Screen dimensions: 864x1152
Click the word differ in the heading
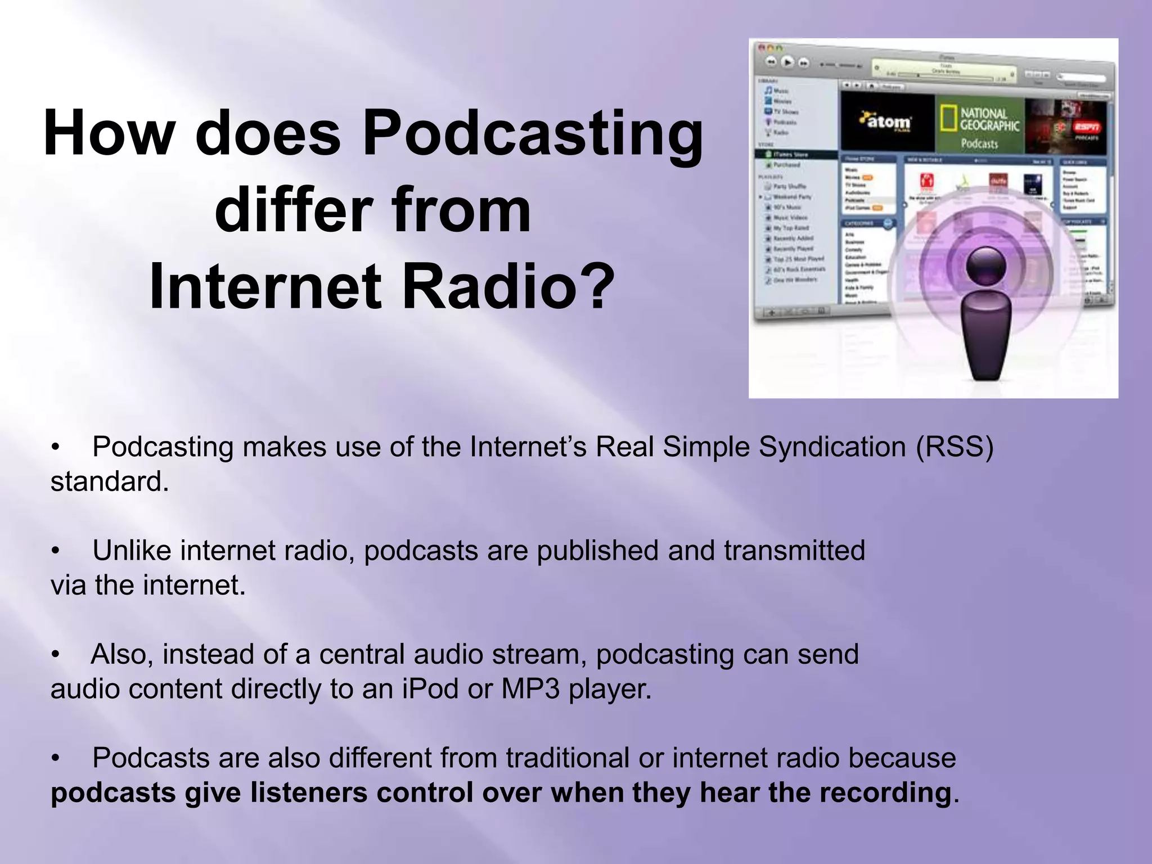[x=292, y=211]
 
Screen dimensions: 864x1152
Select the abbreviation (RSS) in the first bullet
[x=954, y=447]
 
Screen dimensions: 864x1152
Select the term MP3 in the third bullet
[x=530, y=689]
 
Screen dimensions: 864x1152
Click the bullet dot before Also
[x=55, y=655]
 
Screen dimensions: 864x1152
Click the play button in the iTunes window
[x=787, y=62]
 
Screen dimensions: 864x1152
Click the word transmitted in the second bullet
[x=794, y=551]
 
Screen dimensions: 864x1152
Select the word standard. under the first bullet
[x=110, y=482]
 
